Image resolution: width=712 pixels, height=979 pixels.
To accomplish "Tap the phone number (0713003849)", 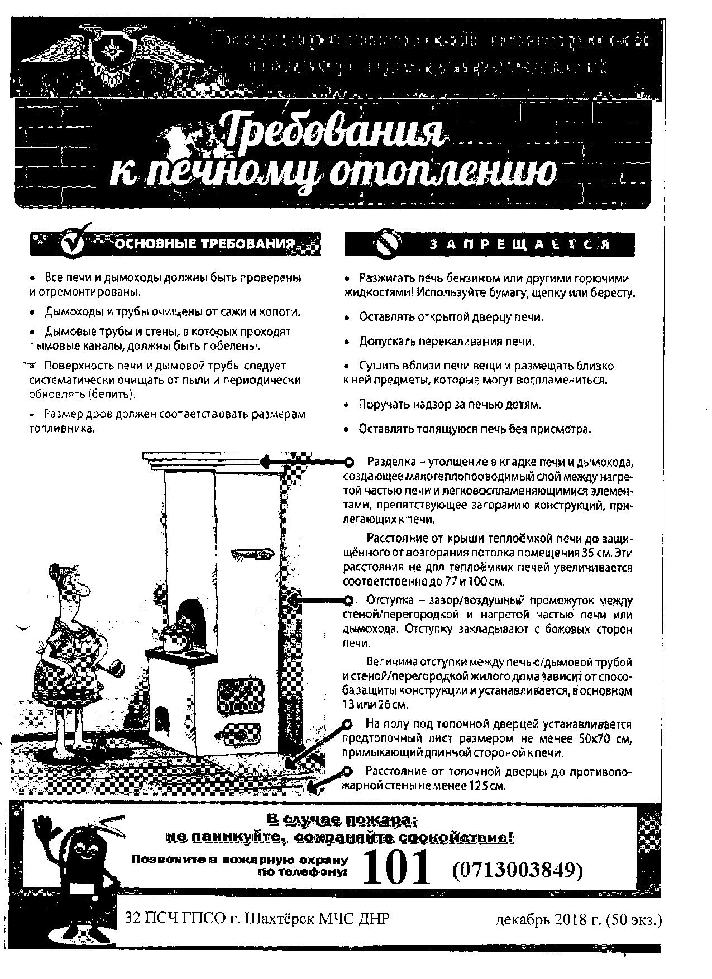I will coord(517,869).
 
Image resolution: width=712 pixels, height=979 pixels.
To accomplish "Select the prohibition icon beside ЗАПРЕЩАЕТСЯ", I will coord(388,243).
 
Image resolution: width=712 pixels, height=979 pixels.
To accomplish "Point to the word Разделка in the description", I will coord(390,462).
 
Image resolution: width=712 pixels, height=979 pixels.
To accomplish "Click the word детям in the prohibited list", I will coord(524,404).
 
